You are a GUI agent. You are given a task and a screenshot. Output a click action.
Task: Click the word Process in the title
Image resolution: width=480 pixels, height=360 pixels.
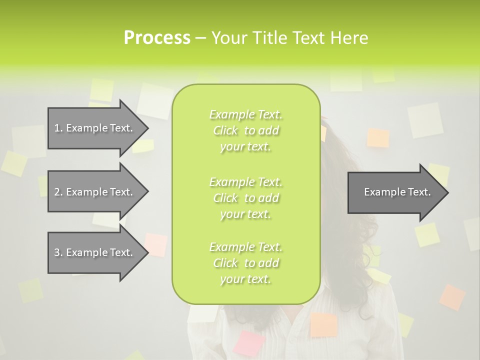[157, 38]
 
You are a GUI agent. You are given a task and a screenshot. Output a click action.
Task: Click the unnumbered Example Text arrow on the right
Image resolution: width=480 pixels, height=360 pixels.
[397, 192]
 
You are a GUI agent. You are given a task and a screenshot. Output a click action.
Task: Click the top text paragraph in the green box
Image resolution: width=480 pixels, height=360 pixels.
[246, 130]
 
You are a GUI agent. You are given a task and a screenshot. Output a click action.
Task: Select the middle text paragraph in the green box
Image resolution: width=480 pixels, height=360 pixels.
[246, 197]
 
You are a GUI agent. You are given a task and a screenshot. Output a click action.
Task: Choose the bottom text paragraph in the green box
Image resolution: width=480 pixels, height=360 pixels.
[246, 262]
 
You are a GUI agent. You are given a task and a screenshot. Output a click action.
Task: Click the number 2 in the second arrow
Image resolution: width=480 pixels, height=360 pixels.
[57, 192]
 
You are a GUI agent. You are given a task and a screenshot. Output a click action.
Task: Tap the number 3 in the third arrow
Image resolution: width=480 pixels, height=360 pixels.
[57, 252]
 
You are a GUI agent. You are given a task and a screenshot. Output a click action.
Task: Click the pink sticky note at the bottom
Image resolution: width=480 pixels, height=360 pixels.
[250, 343]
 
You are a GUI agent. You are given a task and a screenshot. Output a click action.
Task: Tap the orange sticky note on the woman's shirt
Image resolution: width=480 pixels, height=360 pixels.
[323, 324]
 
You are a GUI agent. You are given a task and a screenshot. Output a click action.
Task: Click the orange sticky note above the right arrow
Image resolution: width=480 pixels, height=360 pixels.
[378, 138]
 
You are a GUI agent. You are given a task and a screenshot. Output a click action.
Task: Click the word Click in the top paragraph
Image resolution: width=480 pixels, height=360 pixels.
[225, 130]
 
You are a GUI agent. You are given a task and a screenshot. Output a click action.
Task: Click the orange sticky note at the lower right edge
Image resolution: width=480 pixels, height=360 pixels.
[452, 297]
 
